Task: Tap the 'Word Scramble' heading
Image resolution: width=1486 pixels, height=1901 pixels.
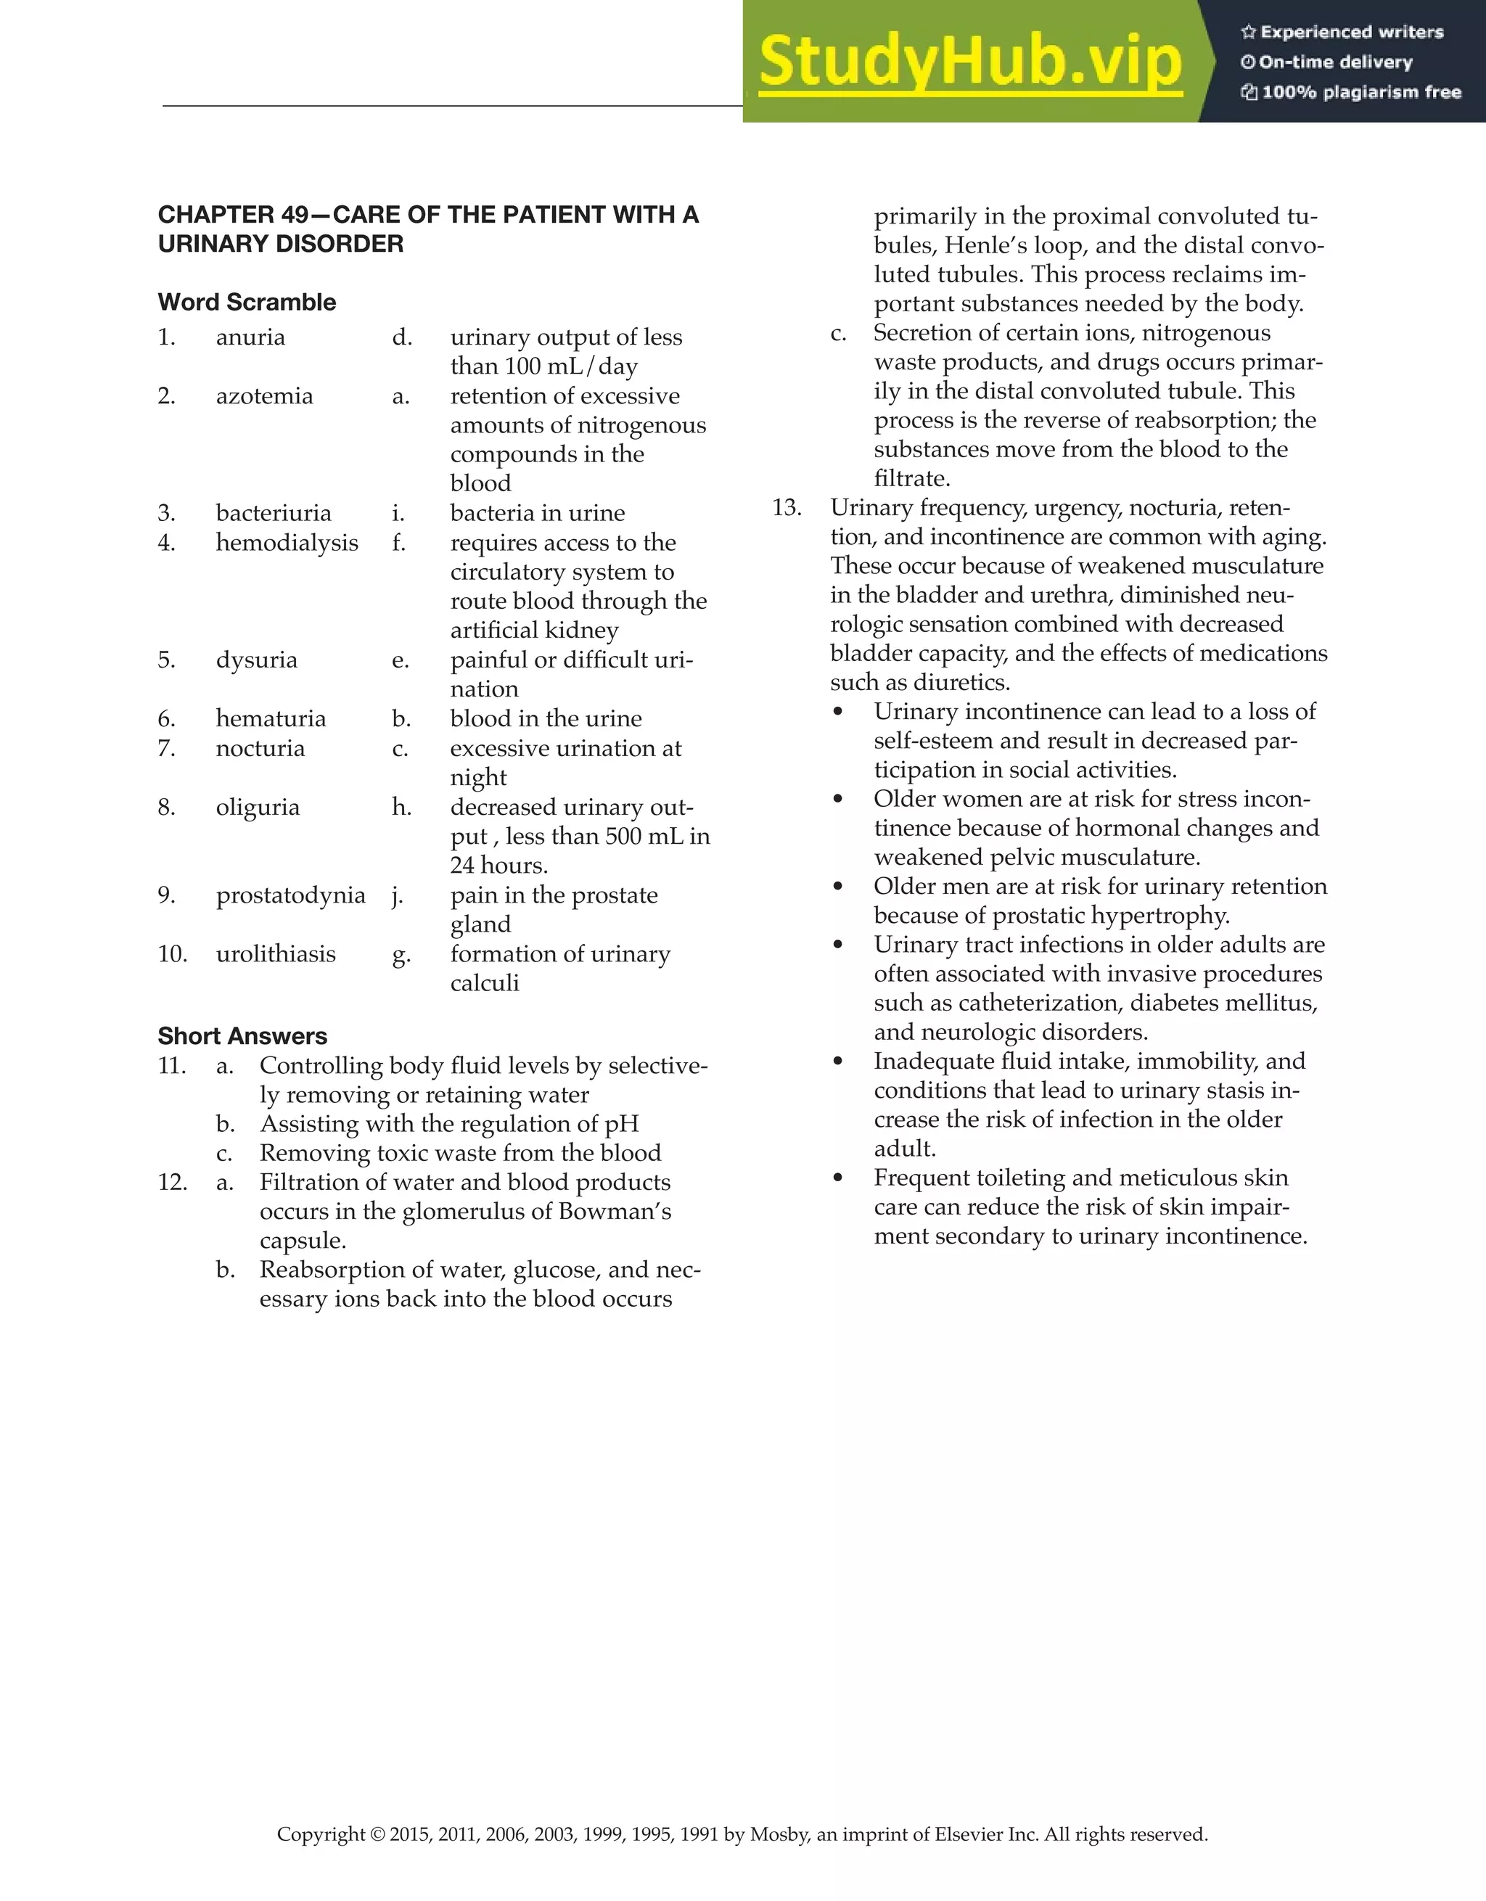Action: [x=247, y=302]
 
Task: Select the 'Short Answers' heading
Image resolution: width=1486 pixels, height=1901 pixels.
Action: [x=242, y=1036]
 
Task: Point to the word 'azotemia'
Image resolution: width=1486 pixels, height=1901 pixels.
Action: [x=264, y=396]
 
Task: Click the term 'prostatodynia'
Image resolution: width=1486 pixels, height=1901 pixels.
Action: [x=290, y=895]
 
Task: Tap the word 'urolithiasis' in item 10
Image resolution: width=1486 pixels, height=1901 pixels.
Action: [x=275, y=954]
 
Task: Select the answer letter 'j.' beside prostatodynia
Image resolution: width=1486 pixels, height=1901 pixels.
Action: [x=397, y=895]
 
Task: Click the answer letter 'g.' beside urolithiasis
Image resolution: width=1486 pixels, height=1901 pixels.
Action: [x=401, y=955]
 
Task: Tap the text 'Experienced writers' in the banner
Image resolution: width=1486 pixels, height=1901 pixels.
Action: [x=1351, y=32]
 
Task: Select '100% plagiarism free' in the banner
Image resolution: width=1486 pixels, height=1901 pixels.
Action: [x=1360, y=92]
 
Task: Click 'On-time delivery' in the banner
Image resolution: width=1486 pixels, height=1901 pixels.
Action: [x=1334, y=62]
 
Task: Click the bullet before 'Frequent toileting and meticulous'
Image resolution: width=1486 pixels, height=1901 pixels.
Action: [x=837, y=1178]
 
